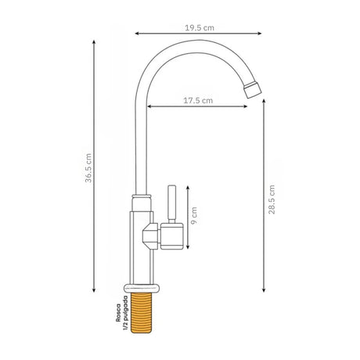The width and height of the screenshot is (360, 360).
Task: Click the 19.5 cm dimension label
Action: coord(200,28)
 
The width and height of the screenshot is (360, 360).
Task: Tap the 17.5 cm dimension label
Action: coord(198,100)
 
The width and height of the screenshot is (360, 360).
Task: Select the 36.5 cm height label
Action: coord(88,168)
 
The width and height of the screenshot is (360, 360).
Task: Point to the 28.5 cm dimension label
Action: coord(272,200)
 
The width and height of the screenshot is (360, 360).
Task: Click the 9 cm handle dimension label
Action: coord(194,216)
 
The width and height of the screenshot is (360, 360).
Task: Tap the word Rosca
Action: coord(118,312)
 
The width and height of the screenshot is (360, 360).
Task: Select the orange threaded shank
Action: coord(141,313)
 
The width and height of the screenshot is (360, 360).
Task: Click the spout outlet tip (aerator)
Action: coord(253,89)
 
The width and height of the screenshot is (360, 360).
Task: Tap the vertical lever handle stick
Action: coord(171,204)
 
